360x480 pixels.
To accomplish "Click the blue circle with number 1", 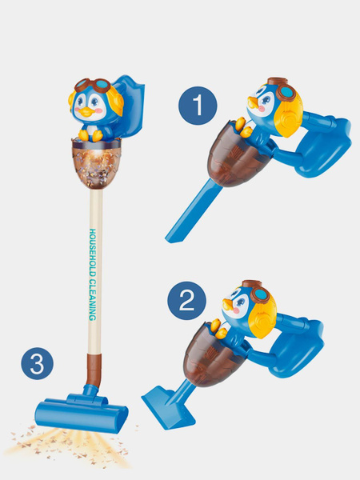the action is (198, 106).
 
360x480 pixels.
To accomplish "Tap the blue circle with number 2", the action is (186, 301).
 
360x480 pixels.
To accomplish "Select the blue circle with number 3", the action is (38, 363).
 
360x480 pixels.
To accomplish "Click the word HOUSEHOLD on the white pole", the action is (93, 252).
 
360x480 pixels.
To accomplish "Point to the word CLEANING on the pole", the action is (93, 300).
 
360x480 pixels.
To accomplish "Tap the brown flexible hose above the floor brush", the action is (94, 370).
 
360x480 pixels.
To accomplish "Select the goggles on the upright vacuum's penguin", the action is (93, 85).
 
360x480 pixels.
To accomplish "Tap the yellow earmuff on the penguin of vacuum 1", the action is (287, 116).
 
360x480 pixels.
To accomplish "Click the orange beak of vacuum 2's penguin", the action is (228, 304).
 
